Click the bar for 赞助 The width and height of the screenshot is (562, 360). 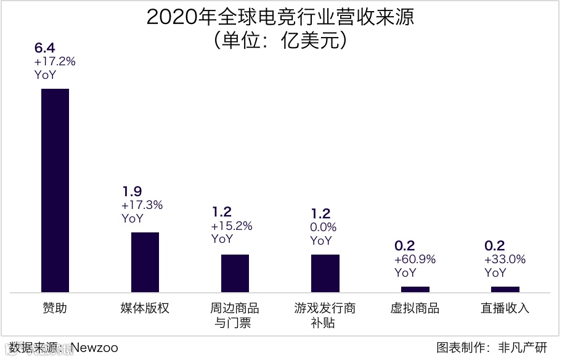coord(55,190)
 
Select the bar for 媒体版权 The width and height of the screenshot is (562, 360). coord(145,262)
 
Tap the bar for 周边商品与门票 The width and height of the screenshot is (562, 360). coord(235,273)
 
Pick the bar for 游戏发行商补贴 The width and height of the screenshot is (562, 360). coord(325,273)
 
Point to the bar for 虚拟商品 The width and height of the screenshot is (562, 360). coord(415,289)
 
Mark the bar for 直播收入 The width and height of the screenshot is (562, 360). coord(505,289)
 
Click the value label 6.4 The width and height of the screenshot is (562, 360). coord(45,48)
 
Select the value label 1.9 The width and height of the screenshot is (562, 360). coord(132,192)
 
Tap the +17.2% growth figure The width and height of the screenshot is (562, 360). coord(55,62)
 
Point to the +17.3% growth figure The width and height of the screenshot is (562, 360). coord(142,205)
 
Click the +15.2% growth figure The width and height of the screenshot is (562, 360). coord(232,226)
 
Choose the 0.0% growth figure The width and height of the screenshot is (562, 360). coord(324,227)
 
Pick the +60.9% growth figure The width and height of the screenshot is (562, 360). coord(415,260)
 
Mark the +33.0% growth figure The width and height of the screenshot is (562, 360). coord(505,260)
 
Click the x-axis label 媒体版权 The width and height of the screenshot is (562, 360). coord(145,308)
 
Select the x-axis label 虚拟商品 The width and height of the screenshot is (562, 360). coord(415,308)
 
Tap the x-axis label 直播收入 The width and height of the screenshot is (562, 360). coord(505,308)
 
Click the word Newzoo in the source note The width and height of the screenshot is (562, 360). coord(94,348)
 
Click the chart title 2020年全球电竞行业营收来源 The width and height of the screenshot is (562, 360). coord(280,17)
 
